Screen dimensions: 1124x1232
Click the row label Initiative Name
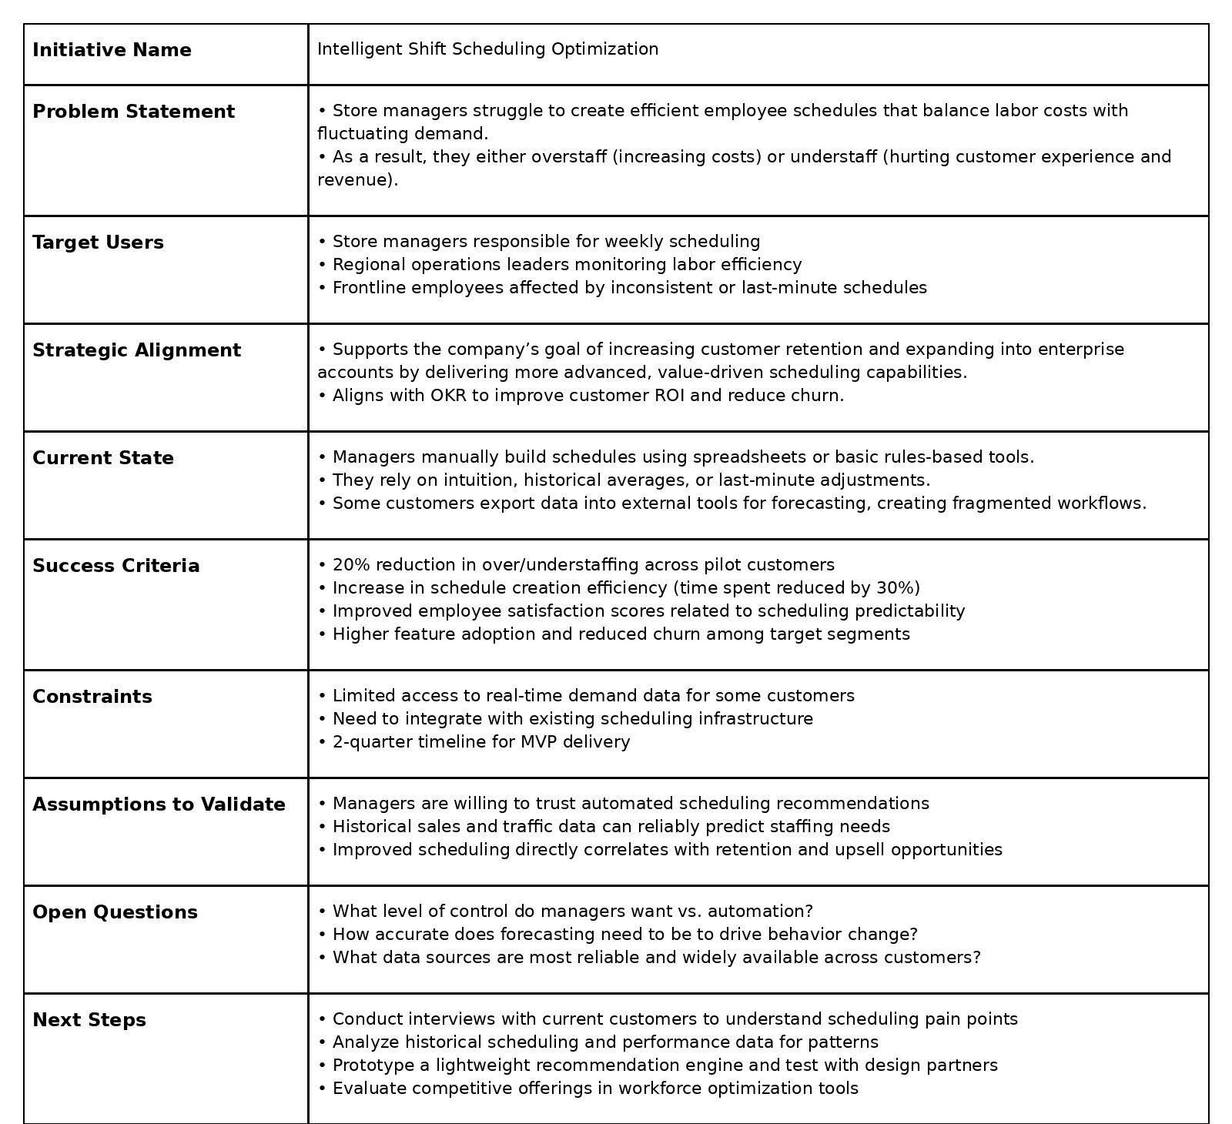112,50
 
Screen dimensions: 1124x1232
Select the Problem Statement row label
133,112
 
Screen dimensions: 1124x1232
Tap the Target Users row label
98,243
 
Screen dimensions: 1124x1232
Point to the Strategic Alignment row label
136,350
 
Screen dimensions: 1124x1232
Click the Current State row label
103,458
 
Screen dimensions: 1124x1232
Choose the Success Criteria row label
115,566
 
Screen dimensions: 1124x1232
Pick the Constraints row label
92,697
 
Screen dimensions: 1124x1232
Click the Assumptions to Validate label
159,805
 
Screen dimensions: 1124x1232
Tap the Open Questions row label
115,912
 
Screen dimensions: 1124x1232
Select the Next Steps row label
89,1020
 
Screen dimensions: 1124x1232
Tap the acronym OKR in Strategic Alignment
449,396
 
